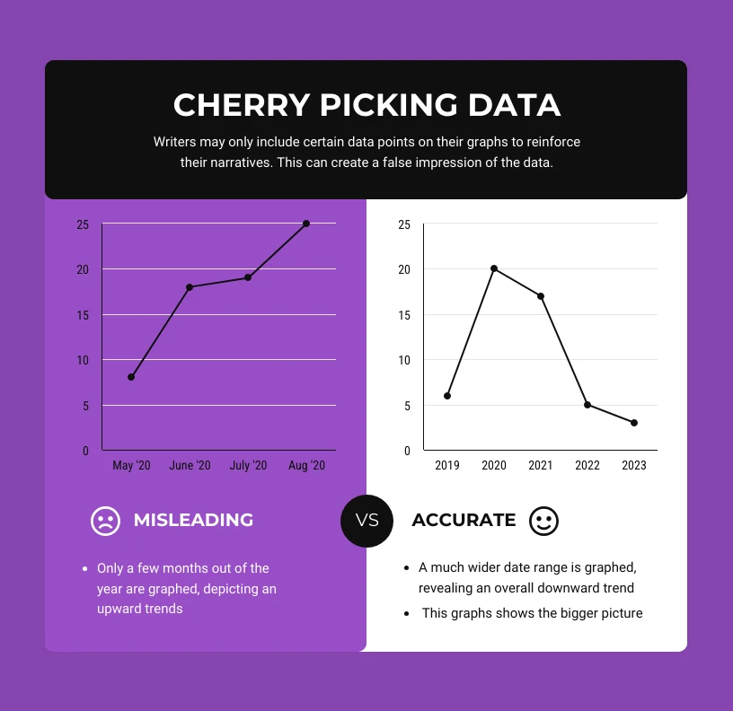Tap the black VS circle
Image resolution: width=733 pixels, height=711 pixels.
tap(367, 521)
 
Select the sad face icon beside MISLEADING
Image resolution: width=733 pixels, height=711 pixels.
tap(105, 521)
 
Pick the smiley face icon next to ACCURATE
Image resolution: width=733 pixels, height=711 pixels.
tap(543, 521)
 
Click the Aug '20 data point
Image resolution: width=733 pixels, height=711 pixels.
tap(306, 224)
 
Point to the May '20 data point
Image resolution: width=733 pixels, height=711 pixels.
tap(131, 377)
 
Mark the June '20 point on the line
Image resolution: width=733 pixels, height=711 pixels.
tap(190, 287)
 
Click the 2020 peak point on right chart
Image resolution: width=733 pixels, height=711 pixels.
tap(494, 268)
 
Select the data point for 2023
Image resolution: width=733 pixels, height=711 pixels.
tap(634, 423)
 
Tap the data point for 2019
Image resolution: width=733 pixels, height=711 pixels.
tap(447, 396)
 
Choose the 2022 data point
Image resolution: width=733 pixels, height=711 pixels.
tap(587, 405)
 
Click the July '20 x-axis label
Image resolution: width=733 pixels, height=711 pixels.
tap(248, 466)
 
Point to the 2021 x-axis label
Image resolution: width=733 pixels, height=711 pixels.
tap(541, 466)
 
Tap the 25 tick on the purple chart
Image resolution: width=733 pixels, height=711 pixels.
tap(83, 224)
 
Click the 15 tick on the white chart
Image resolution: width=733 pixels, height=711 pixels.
tap(404, 315)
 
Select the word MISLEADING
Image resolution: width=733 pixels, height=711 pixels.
tap(193, 521)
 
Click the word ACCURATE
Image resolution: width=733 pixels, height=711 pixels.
tap(464, 521)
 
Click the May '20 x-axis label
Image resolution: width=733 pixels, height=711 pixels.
tap(131, 466)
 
